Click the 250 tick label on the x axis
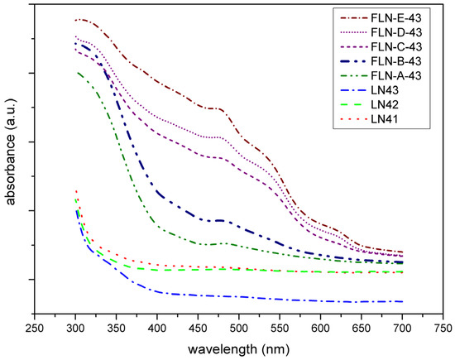(34, 327)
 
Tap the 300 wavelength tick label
(75, 327)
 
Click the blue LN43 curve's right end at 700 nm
(403, 301)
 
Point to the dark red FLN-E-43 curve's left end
(76, 20)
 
